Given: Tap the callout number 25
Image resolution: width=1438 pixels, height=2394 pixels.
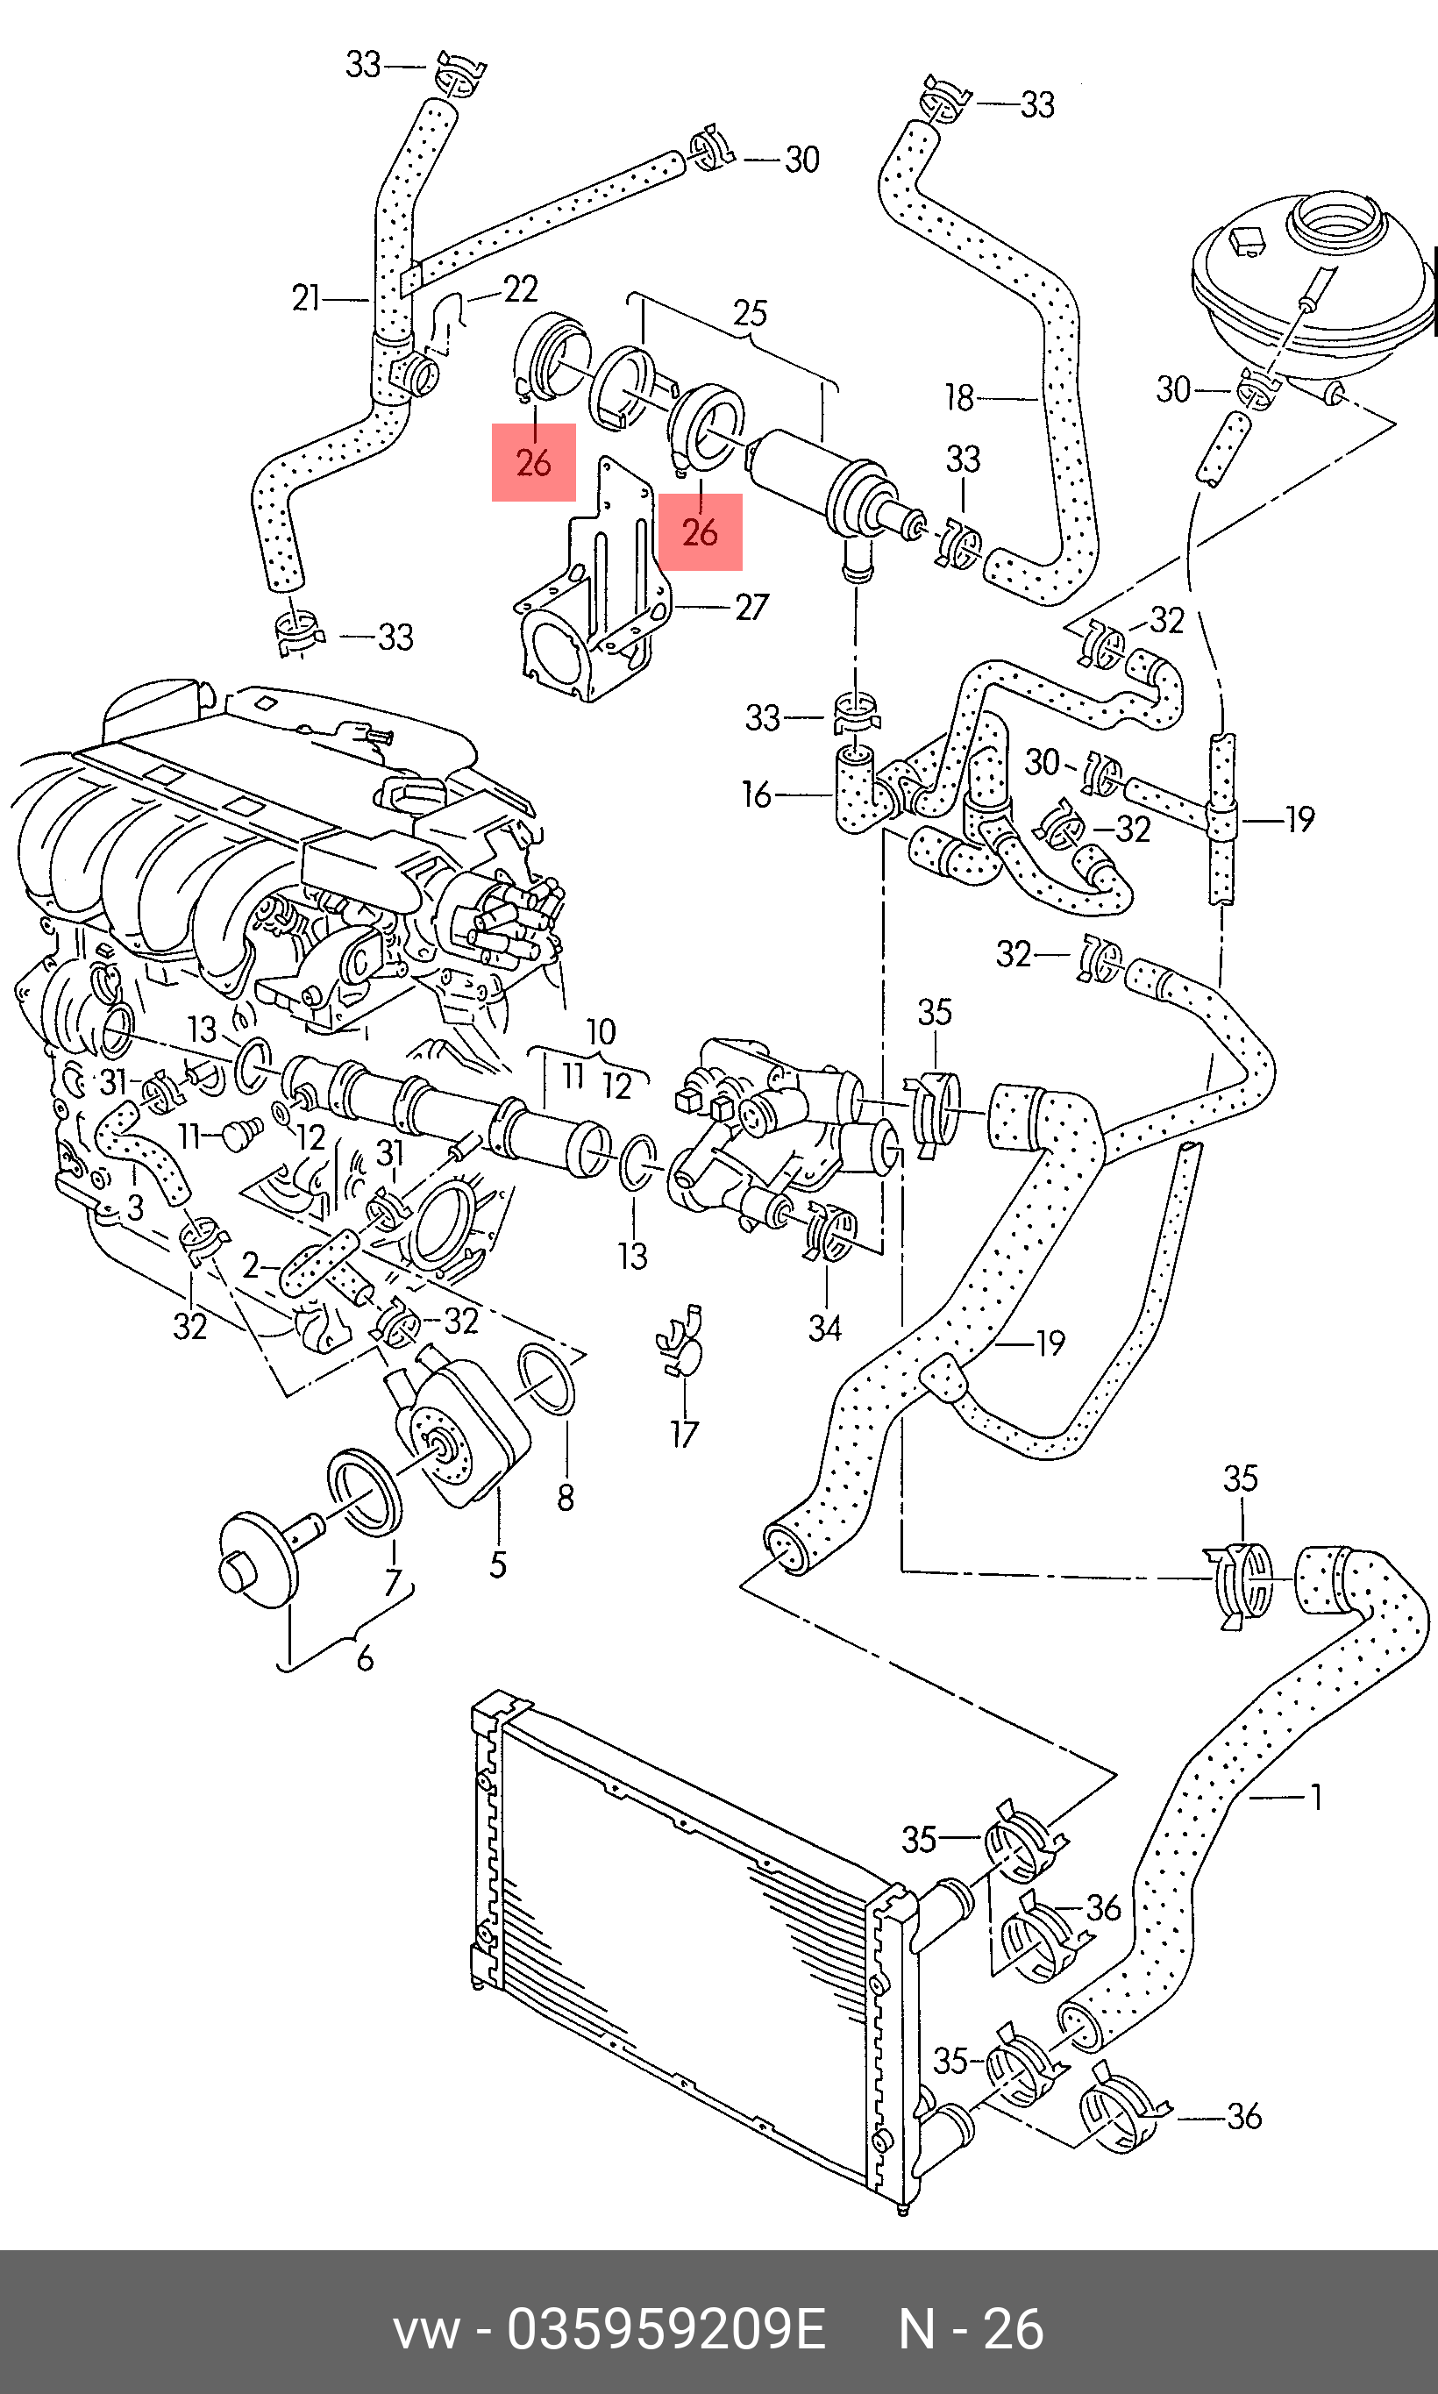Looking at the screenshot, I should coord(750,313).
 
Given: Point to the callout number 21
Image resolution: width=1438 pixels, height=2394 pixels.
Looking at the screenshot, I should coord(305,298).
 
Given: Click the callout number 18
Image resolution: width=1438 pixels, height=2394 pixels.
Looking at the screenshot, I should coord(959,397).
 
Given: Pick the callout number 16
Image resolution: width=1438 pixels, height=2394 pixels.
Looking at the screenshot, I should coord(756,795).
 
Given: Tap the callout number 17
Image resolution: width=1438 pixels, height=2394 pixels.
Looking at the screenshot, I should coord(684,1434).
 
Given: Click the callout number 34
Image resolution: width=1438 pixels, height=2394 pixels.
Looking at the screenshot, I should coord(824,1328).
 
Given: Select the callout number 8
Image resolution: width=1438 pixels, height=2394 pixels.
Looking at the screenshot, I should coord(566,1498).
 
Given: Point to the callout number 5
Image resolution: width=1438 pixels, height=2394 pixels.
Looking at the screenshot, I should coord(498,1564).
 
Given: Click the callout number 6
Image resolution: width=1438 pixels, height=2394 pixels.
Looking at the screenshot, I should coord(365,1658).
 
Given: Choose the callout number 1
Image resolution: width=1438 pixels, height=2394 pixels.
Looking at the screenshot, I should coord(1316,1797).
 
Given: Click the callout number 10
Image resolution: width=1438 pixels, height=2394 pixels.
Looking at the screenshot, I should coord(601,1032).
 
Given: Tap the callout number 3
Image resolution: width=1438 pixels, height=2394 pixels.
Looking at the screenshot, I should coord(136,1208).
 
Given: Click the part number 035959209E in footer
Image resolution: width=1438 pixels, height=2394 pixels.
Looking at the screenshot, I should coord(666,2331).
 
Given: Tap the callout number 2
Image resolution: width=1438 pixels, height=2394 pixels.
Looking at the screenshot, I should coord(251,1265).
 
